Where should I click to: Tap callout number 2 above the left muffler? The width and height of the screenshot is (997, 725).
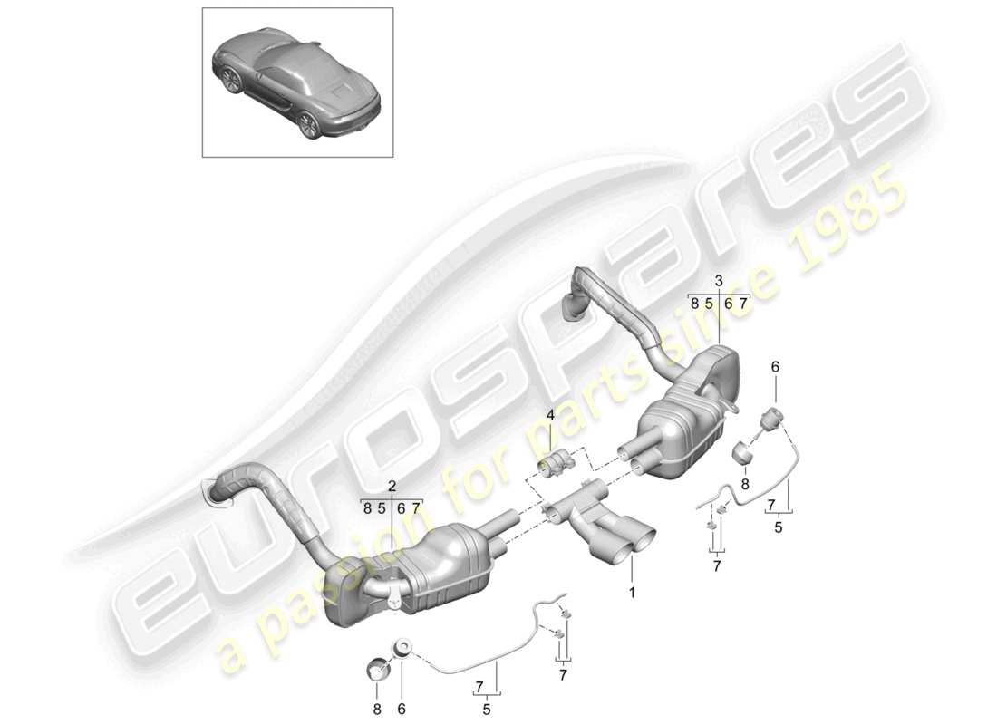point(392,487)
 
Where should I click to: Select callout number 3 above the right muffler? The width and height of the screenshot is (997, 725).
point(719,281)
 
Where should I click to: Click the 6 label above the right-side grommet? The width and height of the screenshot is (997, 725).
point(775,367)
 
